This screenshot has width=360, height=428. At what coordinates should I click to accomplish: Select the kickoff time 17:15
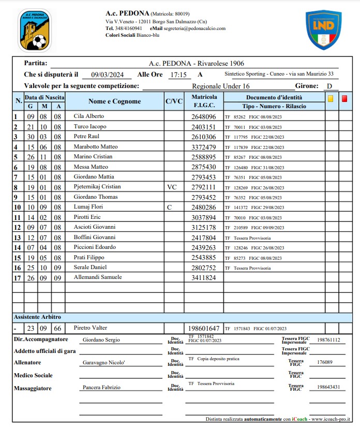[177, 75]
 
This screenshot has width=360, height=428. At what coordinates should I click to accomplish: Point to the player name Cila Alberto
[89, 116]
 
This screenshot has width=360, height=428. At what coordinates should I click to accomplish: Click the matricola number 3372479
[204, 147]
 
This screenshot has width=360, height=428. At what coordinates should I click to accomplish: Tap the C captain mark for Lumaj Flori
[168, 207]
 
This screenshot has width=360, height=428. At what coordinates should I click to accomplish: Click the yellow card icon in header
[331, 98]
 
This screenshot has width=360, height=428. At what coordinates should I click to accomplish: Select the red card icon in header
[344, 98]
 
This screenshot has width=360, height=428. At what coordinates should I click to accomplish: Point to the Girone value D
[329, 86]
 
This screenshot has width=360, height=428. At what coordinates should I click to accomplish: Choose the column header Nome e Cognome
[114, 101]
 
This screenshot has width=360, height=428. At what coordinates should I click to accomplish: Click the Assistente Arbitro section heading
[37, 317]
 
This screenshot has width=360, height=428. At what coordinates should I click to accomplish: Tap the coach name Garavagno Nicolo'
[104, 363]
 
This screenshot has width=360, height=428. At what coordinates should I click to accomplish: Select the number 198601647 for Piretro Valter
[204, 329]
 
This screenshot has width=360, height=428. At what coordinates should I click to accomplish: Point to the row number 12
[18, 227]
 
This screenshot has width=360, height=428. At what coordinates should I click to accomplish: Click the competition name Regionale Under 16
[220, 86]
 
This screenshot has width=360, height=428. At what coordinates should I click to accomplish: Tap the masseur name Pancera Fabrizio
[101, 387]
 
